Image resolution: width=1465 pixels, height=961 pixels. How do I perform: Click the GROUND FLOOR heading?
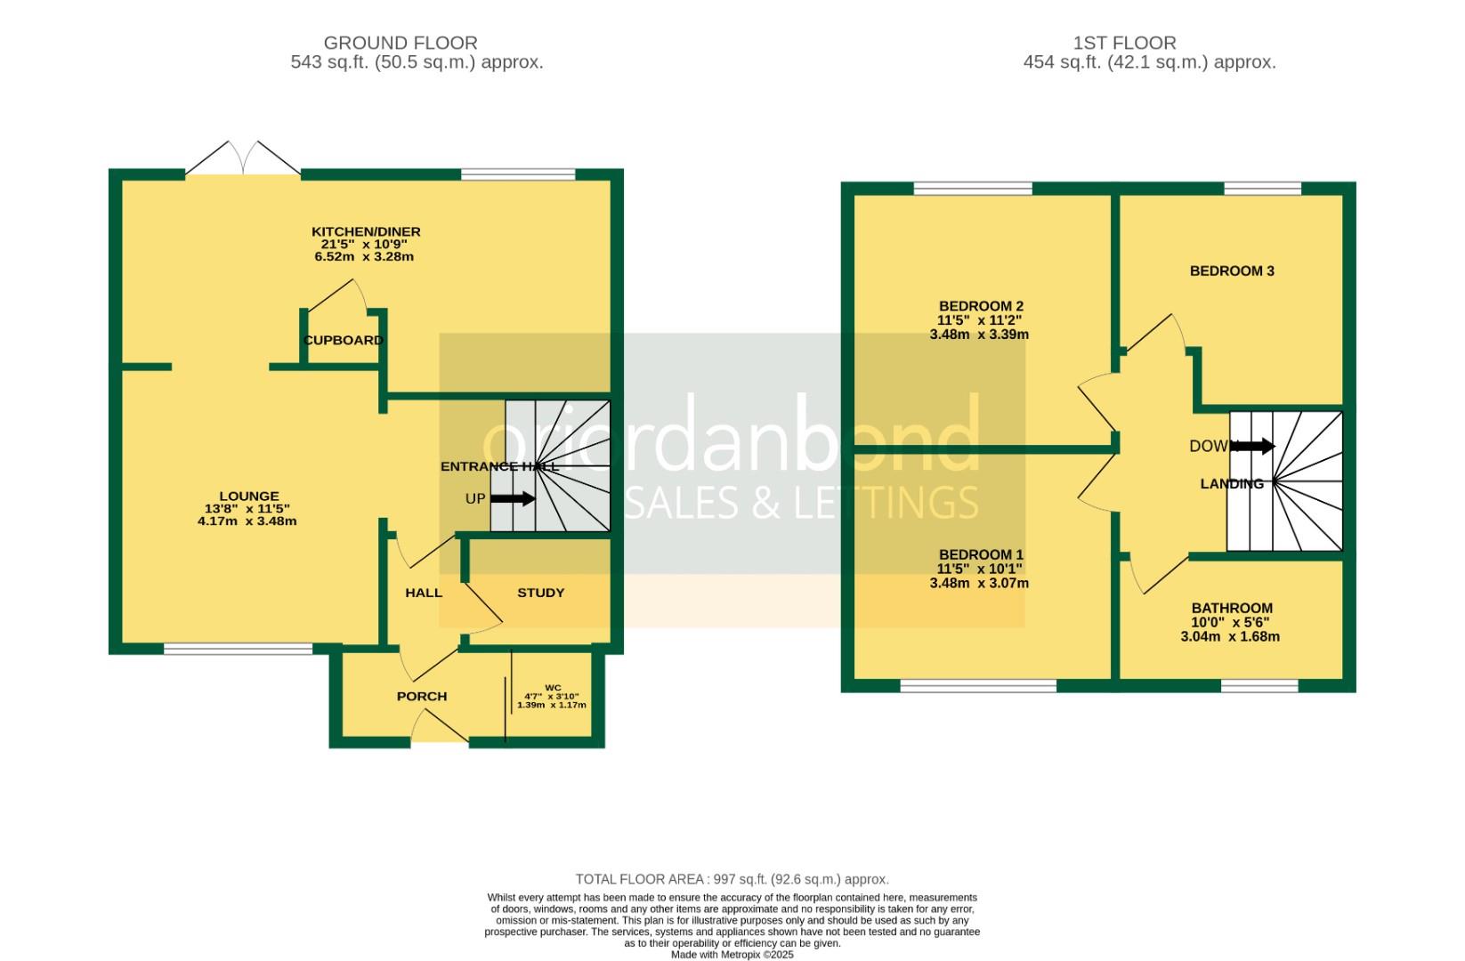400,43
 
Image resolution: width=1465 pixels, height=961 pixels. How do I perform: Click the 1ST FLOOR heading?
1124,43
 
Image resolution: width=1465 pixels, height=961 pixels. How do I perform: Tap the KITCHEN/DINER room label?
370,231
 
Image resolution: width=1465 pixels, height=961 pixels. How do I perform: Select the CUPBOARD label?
344,340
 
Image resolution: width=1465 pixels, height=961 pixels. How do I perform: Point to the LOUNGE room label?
249,497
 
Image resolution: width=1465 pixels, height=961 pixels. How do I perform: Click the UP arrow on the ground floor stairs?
513,499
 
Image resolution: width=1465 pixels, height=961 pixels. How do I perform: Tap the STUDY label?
540,593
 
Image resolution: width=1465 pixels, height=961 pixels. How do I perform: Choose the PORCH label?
422,696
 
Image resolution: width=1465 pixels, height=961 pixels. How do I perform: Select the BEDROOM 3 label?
1232,271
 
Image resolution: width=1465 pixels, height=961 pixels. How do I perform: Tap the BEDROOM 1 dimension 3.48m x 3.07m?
979,584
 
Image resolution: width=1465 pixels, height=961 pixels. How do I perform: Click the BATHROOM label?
1232,609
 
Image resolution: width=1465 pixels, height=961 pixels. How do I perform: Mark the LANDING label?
1232,484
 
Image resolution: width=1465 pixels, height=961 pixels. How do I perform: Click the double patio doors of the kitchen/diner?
242,160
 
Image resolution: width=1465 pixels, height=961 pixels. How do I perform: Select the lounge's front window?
238,649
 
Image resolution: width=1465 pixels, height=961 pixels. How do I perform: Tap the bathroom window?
1259,685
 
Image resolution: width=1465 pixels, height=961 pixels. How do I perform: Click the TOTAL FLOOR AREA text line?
732,879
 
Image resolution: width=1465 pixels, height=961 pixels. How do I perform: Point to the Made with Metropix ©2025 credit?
732,955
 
